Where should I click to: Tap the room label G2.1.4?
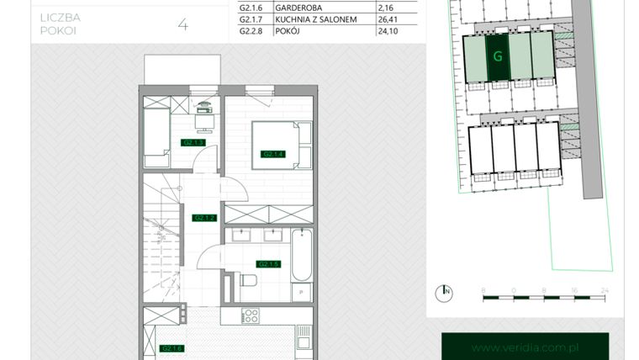[272, 154]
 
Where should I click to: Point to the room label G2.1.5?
[268, 264]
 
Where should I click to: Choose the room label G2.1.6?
[172, 348]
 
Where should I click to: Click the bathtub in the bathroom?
[302, 257]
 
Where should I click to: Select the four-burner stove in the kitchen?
[250, 317]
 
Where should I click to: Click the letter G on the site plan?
[499, 57]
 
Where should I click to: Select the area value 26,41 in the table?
[394, 19]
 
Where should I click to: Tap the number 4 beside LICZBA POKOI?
[182, 24]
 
